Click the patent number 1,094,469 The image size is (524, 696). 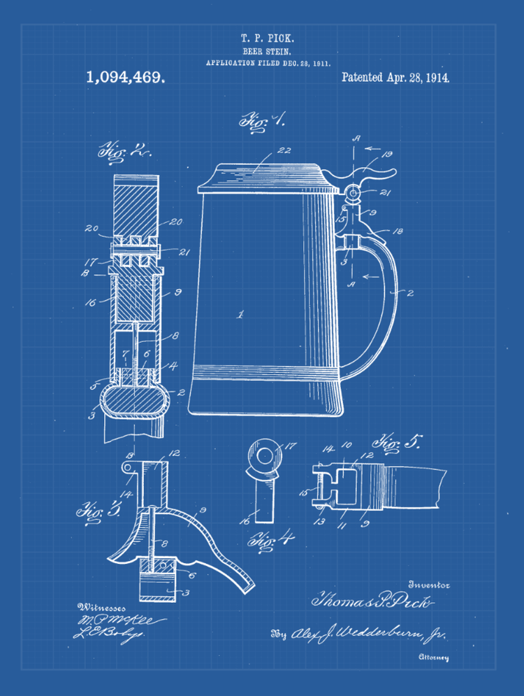(126, 77)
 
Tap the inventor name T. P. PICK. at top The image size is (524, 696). (262, 38)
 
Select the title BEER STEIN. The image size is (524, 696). (262, 51)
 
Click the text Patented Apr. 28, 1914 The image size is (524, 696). (395, 77)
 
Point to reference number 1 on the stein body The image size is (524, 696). (240, 315)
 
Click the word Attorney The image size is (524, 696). (433, 658)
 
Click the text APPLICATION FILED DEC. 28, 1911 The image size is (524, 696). (268, 63)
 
